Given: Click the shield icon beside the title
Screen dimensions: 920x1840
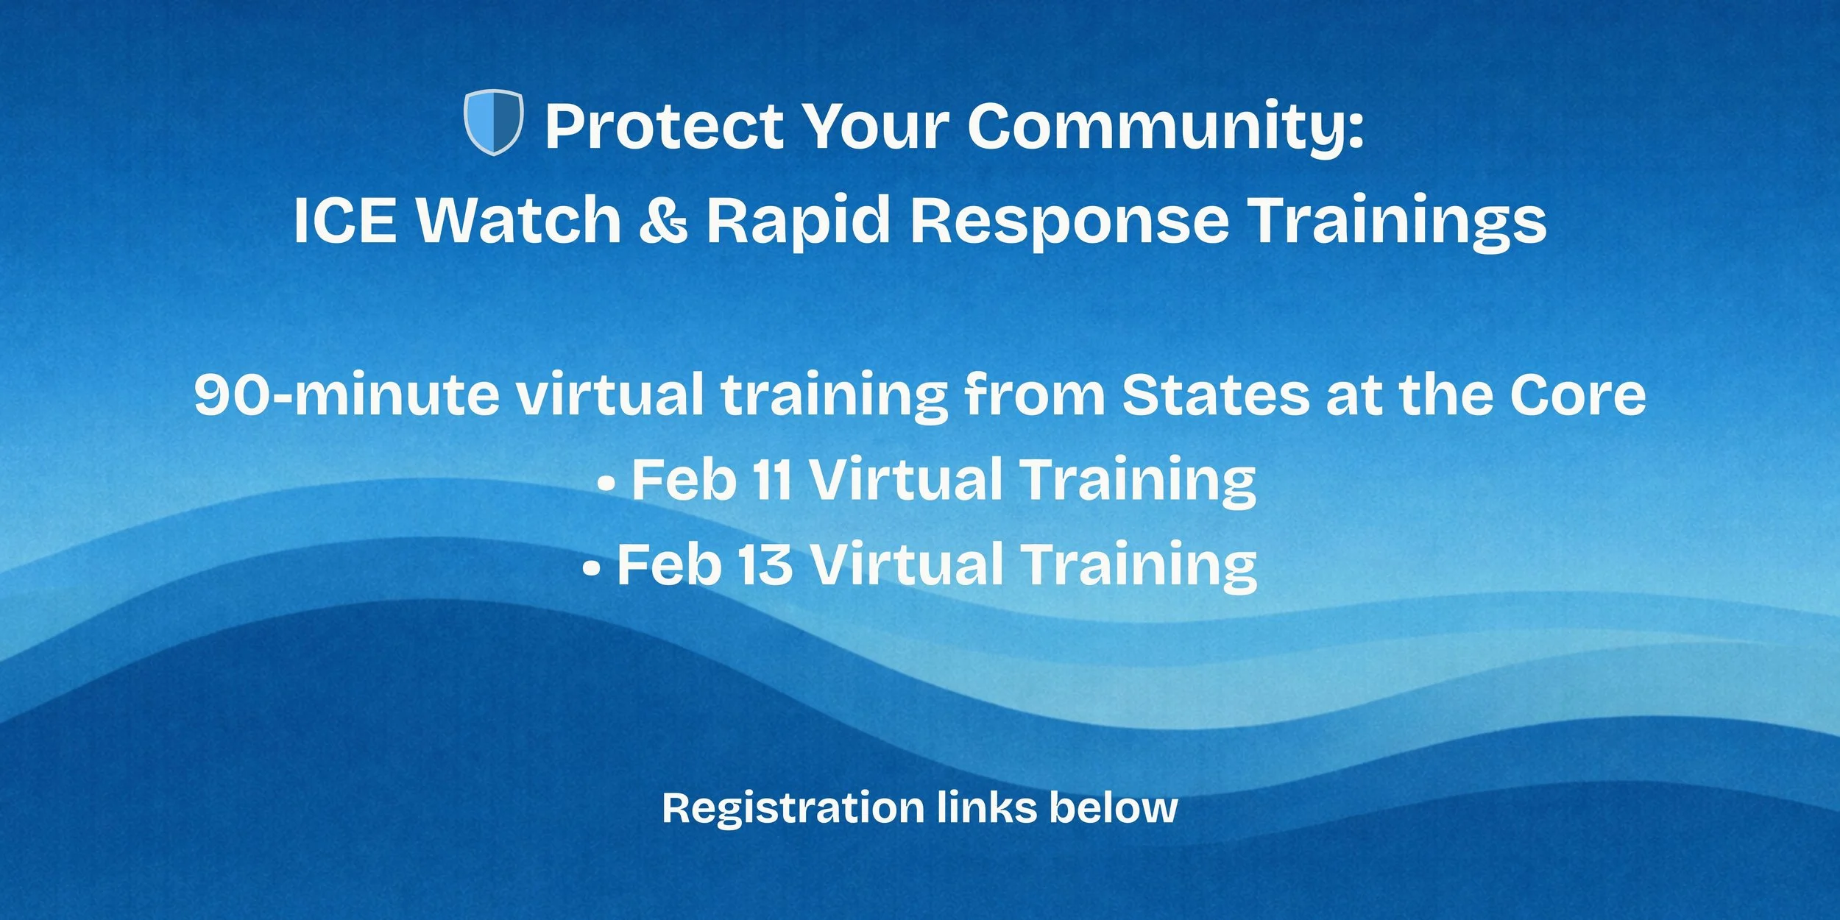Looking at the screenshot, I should [493, 122].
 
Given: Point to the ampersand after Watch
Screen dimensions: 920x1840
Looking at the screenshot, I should [663, 220].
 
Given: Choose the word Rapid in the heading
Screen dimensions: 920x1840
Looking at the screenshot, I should [798, 220].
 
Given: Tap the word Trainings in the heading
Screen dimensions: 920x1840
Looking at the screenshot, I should [1398, 220].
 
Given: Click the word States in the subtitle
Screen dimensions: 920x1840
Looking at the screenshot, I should [1215, 395].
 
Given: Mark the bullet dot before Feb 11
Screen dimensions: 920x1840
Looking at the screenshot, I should [606, 484].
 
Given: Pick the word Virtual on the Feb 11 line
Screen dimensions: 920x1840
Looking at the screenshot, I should [909, 481].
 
